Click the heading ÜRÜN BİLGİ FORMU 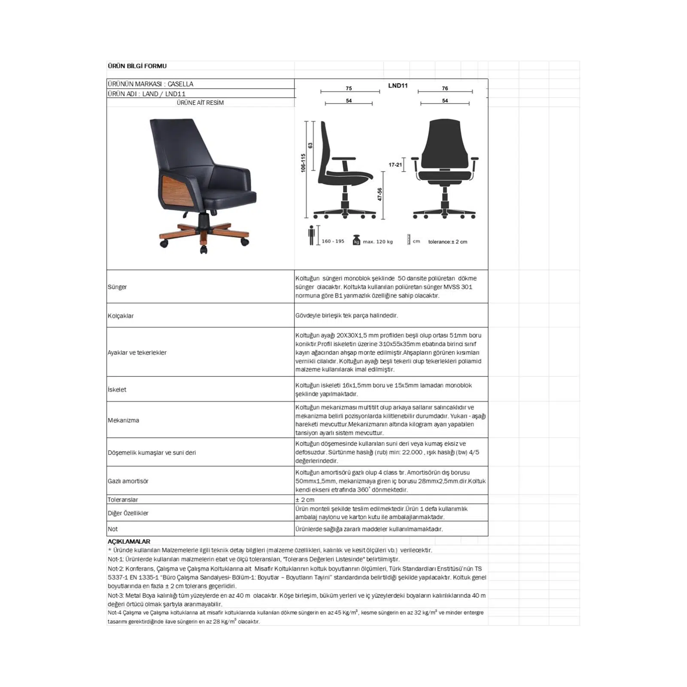click(x=137, y=66)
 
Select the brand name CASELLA click(x=180, y=84)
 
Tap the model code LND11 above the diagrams click(x=398, y=85)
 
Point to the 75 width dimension click(x=349, y=88)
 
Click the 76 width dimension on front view click(x=445, y=88)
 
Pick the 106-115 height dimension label click(x=303, y=163)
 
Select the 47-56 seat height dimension click(x=380, y=194)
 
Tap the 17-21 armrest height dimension click(x=395, y=164)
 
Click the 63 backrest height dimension click(x=310, y=146)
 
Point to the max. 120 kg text click(x=377, y=242)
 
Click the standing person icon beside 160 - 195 click(x=311, y=235)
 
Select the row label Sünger click(x=117, y=287)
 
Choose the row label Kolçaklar click(x=121, y=316)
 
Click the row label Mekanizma click(x=123, y=420)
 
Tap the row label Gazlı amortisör click(x=128, y=481)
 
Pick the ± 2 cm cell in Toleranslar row click(x=305, y=499)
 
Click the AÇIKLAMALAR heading click(x=129, y=541)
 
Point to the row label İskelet click(x=117, y=389)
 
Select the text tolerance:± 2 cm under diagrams click(x=447, y=242)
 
